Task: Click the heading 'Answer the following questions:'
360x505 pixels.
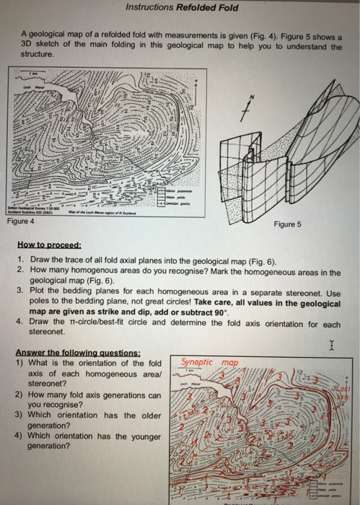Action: click(x=62, y=353)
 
